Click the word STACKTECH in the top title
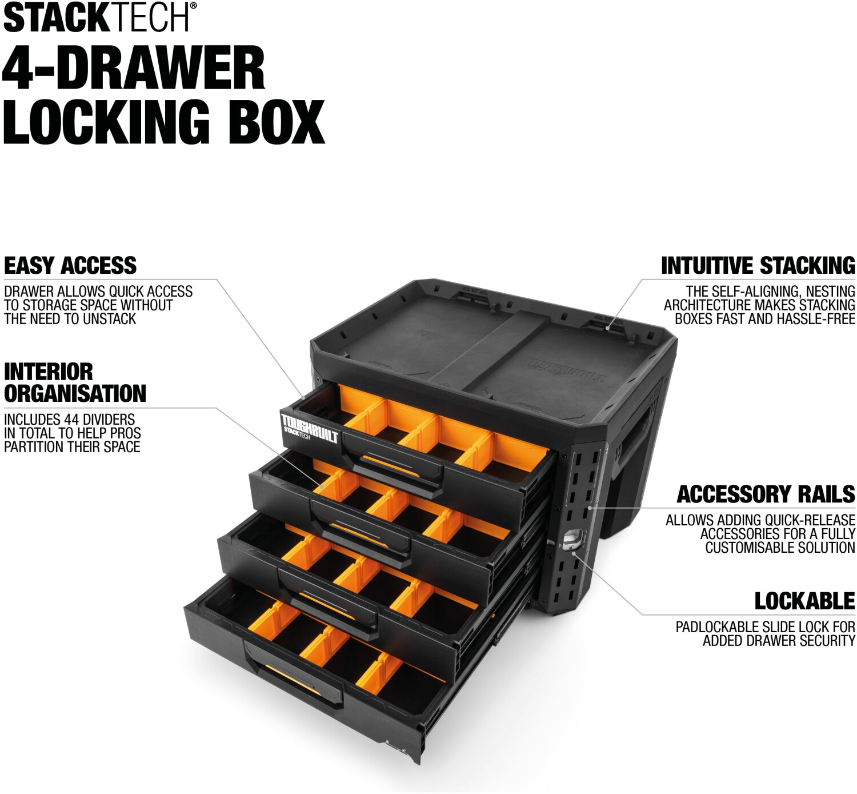[x=96, y=17]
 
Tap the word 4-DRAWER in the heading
[x=134, y=68]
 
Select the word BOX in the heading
[x=276, y=122]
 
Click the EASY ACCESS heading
[x=70, y=265]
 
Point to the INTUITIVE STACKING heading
[x=758, y=265]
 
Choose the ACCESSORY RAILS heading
[x=766, y=494]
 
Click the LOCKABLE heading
[x=804, y=601]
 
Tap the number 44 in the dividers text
[x=73, y=419]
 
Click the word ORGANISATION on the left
[x=75, y=393]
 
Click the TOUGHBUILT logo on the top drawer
[x=310, y=428]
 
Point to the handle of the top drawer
[x=393, y=464]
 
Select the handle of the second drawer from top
[x=361, y=532]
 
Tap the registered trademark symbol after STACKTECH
[x=193, y=5]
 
